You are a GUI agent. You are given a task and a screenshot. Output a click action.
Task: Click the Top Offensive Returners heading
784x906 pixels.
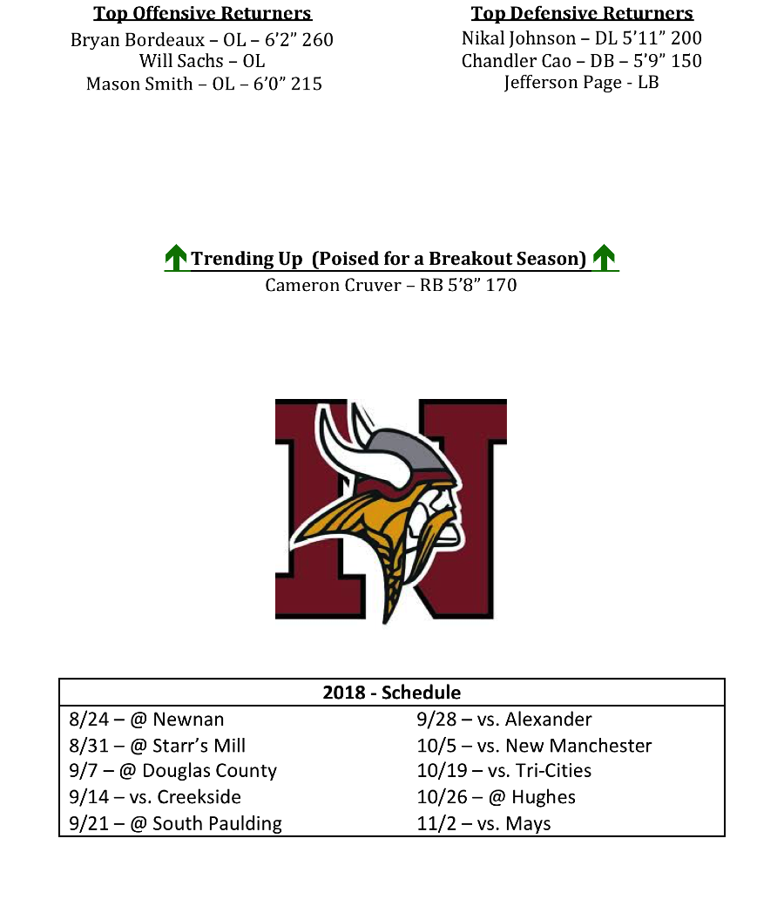pos(202,14)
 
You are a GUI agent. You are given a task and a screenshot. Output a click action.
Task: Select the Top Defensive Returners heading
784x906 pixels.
pos(582,14)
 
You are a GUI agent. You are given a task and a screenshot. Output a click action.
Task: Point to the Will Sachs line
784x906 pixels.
pos(202,62)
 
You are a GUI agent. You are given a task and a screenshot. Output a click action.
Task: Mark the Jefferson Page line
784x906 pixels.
pos(581,83)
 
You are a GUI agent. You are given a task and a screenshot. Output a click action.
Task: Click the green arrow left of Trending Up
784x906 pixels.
pos(176,258)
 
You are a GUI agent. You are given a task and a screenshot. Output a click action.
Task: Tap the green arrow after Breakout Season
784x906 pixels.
pos(604,258)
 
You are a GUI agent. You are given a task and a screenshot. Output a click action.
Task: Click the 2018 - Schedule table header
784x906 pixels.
pos(391,693)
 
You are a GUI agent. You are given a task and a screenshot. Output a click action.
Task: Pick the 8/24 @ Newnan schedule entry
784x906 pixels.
pos(146,720)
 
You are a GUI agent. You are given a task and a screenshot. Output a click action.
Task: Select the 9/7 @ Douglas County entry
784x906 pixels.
pos(172,771)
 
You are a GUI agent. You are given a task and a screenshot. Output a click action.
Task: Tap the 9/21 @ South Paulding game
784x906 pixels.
pos(175,823)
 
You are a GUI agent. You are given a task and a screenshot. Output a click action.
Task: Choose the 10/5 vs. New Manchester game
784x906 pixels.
pos(534,746)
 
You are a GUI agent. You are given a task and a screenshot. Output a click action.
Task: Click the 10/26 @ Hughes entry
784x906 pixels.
pos(496,797)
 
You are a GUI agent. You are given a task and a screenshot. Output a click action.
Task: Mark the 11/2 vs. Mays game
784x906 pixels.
pos(483,823)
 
